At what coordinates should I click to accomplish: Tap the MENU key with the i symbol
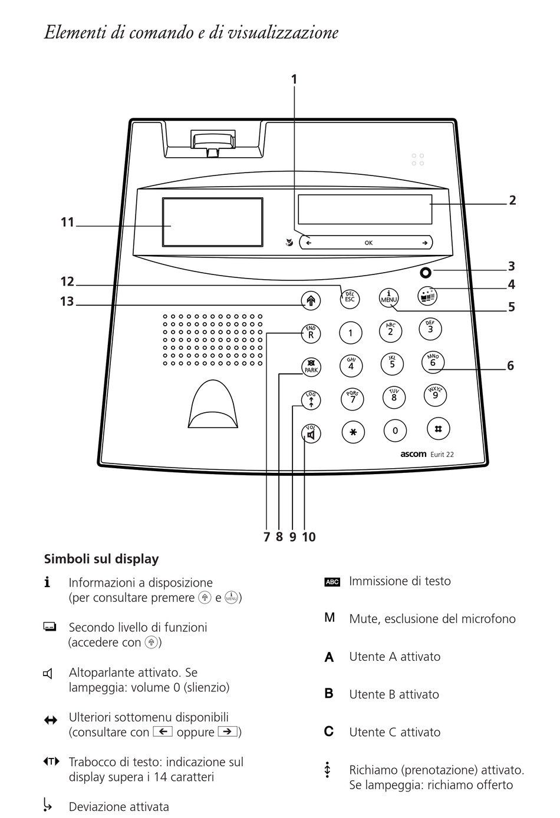tap(389, 297)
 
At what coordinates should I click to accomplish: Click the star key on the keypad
tap(353, 432)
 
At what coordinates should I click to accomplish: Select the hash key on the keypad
tap(437, 429)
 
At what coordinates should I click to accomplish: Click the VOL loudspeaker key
tap(311, 434)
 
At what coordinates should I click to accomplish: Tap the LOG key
tap(311, 400)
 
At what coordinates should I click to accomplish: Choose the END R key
tap(311, 334)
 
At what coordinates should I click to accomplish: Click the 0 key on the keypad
tap(395, 431)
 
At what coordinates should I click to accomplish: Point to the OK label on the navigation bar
tap(368, 243)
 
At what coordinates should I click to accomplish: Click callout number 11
tap(67, 223)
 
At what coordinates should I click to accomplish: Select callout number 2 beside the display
tap(512, 200)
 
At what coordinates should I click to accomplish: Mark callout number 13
tap(67, 302)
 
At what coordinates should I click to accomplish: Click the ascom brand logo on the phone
tap(413, 454)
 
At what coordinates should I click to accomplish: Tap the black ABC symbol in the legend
tap(332, 582)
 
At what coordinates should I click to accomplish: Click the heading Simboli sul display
tap(101, 559)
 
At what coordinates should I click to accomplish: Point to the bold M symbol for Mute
tap(330, 618)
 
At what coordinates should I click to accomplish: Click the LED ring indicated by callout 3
tap(426, 273)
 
